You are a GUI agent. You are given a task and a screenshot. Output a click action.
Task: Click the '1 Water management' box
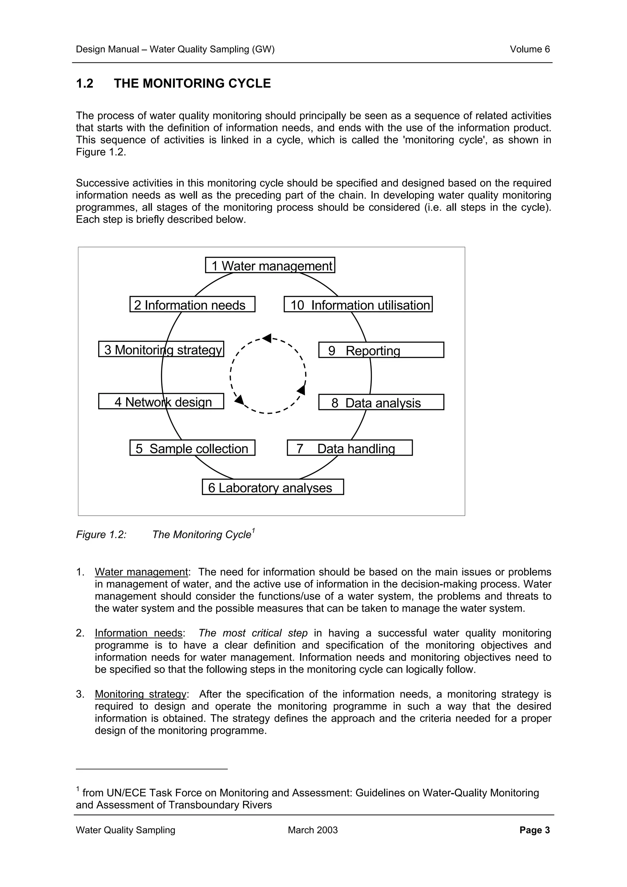pos(270,265)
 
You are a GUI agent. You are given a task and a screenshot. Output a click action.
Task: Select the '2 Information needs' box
pos(192,305)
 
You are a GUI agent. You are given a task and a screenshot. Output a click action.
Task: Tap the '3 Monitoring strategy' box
pos(161,349)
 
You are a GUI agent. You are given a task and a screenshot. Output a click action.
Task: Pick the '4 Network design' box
pos(161,401)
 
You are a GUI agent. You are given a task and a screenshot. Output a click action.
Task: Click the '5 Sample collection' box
pos(192,448)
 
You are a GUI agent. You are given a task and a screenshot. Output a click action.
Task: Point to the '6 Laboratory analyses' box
pos(273,487)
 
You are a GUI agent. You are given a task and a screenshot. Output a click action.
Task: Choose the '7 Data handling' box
pos(349,448)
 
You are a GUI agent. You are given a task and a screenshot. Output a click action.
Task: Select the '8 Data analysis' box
pos(381,402)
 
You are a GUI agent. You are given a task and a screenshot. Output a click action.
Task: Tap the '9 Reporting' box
pos(381,350)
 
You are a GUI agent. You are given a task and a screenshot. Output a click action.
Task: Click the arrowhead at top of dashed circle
pos(267,338)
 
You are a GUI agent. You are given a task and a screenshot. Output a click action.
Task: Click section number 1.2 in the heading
pos(84,84)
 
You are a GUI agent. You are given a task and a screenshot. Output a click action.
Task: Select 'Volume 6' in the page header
pos(529,50)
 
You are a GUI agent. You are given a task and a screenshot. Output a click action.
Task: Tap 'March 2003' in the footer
pos(313,830)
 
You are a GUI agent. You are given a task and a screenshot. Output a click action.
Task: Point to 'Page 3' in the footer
pos(534,830)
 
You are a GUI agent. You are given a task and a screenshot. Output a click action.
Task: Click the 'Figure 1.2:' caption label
pos(101,535)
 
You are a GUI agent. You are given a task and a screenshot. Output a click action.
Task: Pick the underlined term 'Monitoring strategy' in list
pos(141,694)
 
